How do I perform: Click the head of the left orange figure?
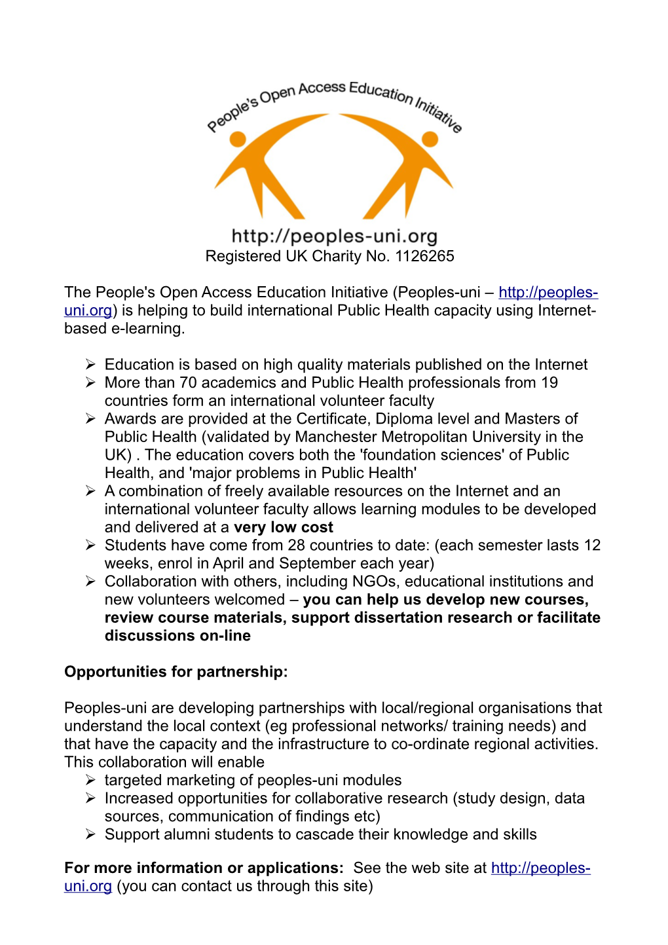[238, 138]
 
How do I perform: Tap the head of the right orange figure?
[430, 138]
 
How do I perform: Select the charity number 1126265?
[424, 256]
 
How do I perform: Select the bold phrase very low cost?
[283, 527]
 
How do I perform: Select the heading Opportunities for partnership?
[176, 672]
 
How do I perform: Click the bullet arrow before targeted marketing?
[90, 780]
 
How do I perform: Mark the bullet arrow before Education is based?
[90, 365]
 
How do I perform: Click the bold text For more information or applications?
[204, 868]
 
